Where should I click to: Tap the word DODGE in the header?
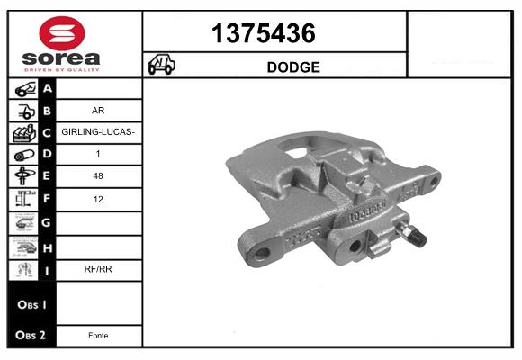[x=293, y=67]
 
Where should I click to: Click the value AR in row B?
[x=98, y=111]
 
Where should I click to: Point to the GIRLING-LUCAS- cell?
[x=98, y=132]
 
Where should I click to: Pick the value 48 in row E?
[x=98, y=177]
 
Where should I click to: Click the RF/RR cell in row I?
[x=98, y=268]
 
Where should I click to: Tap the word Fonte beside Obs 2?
[x=98, y=335]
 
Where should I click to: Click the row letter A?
[x=48, y=88]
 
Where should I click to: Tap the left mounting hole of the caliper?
[x=263, y=252]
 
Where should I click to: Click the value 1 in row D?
[x=98, y=155]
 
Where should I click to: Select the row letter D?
[x=48, y=155]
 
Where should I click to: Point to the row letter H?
[x=48, y=246]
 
